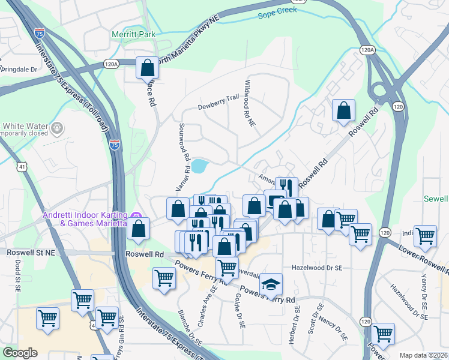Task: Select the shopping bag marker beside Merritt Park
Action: (x=147, y=69)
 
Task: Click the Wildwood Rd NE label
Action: (x=249, y=103)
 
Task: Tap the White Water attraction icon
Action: (x=57, y=127)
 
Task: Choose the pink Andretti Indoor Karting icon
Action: (x=136, y=216)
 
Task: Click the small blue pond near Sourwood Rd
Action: (x=199, y=165)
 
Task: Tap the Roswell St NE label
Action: (x=31, y=253)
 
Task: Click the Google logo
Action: (x=20, y=353)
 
